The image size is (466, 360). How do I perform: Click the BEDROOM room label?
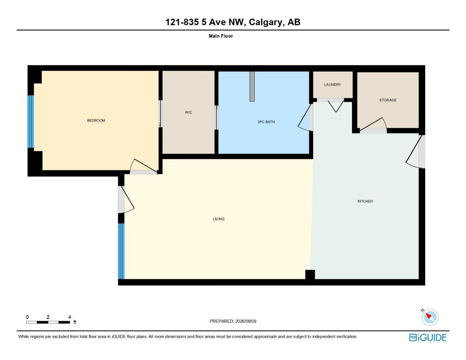click(96, 121)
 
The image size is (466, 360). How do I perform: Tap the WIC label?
click(189, 112)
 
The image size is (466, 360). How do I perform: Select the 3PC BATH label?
click(266, 122)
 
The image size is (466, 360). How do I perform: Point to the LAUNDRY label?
click(332, 85)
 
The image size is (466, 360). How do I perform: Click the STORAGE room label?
click(388, 100)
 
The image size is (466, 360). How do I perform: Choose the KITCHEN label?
click(365, 201)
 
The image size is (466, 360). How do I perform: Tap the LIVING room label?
click(218, 219)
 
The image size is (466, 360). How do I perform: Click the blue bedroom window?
click(31, 122)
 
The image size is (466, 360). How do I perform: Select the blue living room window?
click(121, 251)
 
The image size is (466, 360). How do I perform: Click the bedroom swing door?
click(143, 167)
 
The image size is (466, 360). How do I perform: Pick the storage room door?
click(373, 126)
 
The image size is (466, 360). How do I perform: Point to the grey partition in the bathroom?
click(252, 86)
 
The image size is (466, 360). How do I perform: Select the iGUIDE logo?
click(428, 337)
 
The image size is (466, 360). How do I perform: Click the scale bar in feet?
click(48, 322)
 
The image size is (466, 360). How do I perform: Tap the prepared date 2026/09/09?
click(246, 321)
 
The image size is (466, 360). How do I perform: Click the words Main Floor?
click(221, 36)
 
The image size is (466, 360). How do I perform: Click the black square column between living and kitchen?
click(310, 275)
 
